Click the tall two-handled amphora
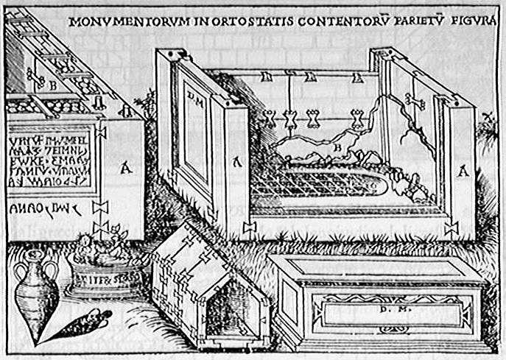(36, 295)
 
